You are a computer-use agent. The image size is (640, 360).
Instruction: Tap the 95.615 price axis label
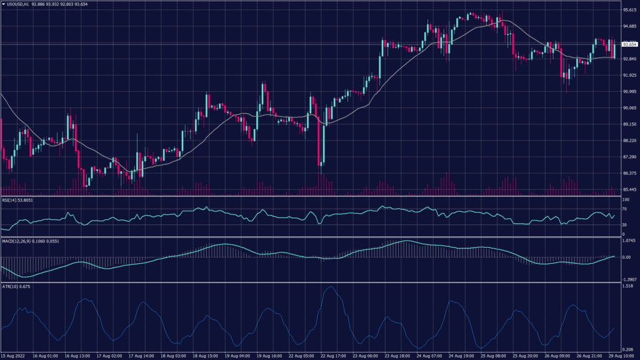click(629, 11)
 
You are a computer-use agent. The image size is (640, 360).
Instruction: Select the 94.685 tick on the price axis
click(629, 27)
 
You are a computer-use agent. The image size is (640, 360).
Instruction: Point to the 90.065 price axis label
click(629, 108)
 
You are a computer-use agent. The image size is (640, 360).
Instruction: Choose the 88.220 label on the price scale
click(629, 141)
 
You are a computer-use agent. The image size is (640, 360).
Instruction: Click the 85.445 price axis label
click(629, 189)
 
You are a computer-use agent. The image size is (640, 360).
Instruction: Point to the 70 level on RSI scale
click(624, 209)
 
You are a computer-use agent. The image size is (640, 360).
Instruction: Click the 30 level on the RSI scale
click(624, 225)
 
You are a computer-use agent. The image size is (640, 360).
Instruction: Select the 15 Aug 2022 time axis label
click(14, 355)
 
